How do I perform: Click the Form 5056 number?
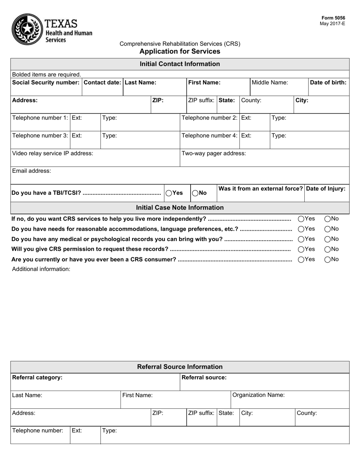[333, 18]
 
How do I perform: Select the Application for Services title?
[180, 52]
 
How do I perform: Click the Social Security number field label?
[46, 82]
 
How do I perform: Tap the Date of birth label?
[328, 82]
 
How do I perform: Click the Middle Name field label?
[269, 82]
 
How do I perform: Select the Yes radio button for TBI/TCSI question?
[169, 193]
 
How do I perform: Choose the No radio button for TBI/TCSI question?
[195, 193]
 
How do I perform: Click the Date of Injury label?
[326, 189]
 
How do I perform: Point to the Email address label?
[31, 171]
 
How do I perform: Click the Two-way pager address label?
[214, 153]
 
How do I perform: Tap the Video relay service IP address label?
[53, 153]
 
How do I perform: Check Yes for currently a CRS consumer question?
[301, 260]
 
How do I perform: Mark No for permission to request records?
[328, 250]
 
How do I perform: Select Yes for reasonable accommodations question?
[301, 229]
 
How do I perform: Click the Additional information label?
[41, 269]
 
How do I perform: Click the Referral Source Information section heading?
[180, 367]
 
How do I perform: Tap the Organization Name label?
[258, 395]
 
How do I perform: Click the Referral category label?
[37, 378]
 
